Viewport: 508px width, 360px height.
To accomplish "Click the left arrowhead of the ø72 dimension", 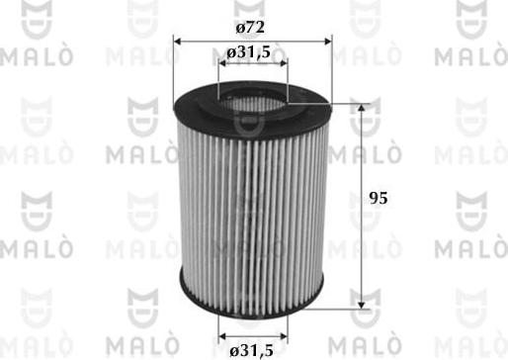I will (x=179, y=40).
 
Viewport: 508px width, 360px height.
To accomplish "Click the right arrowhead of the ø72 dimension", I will (x=327, y=40).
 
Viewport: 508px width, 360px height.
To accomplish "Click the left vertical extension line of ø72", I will (x=174, y=64).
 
